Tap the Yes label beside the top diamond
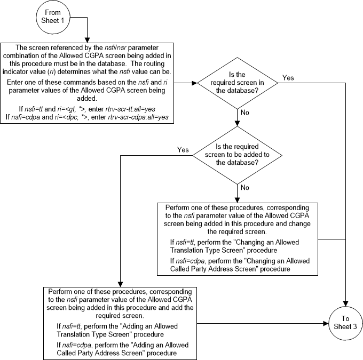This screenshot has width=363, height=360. (x=288, y=77)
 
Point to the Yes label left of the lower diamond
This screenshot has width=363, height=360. (x=183, y=150)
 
